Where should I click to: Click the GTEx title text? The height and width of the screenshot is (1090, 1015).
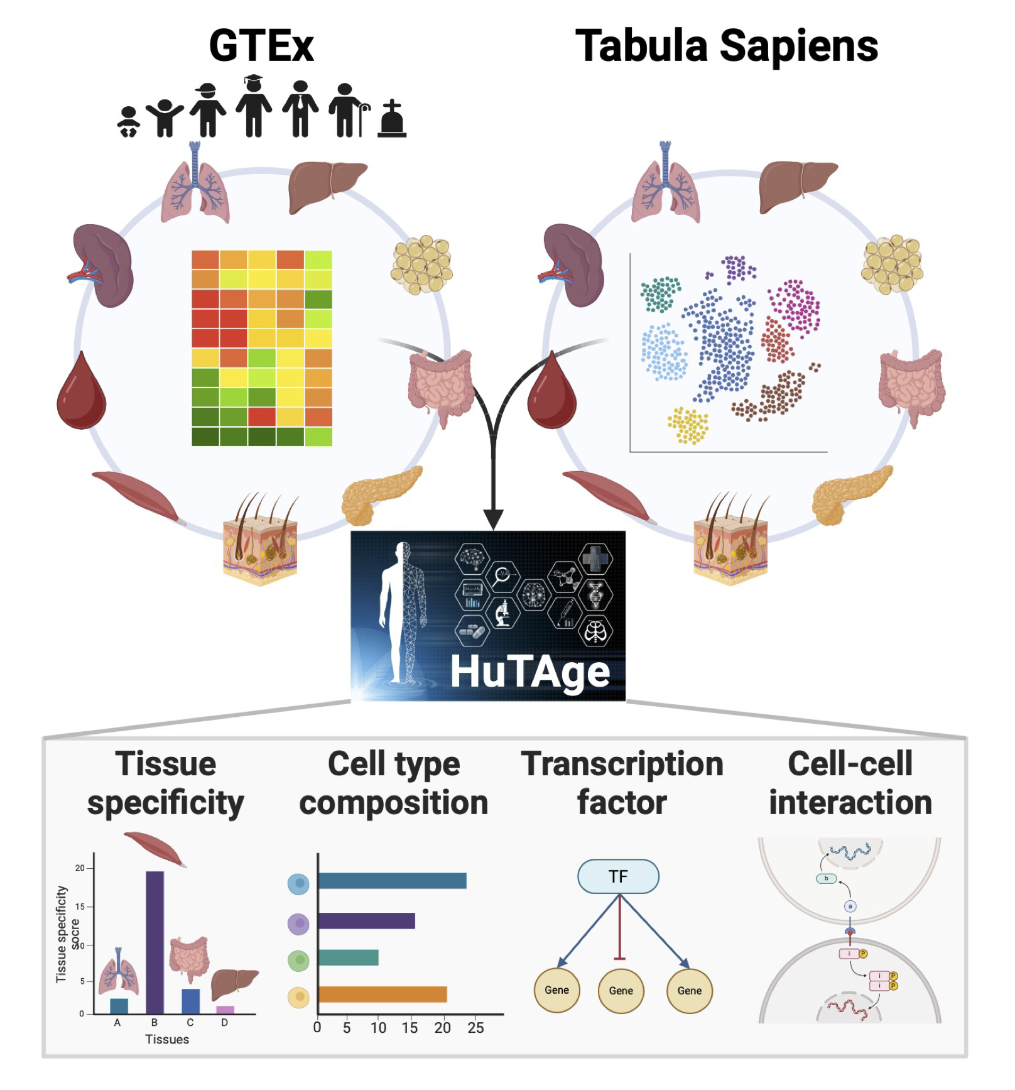tap(261, 46)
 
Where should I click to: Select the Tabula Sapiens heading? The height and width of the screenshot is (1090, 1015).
tap(727, 46)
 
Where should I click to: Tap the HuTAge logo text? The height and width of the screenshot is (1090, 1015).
tap(529, 673)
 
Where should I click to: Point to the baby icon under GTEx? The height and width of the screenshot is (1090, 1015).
tap(129, 122)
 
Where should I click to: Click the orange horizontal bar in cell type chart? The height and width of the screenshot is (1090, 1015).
tap(383, 994)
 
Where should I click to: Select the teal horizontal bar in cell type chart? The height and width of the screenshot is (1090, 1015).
tap(349, 957)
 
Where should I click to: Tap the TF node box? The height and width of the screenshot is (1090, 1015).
tap(618, 876)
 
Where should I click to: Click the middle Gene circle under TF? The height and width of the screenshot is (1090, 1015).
tap(621, 991)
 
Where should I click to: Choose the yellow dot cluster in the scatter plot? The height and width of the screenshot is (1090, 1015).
tap(688, 425)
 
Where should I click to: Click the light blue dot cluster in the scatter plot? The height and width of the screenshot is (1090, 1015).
tap(665, 352)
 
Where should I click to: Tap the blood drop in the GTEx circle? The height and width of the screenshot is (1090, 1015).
tap(81, 393)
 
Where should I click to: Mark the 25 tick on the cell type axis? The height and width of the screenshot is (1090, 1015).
tap(475, 1028)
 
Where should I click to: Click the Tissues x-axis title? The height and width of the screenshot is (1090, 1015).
tap(167, 1040)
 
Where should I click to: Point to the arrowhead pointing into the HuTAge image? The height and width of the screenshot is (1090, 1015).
tap(494, 519)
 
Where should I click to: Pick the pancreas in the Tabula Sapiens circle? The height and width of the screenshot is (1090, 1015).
tap(848, 493)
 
